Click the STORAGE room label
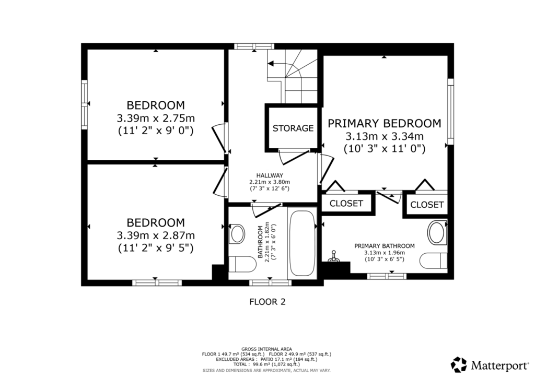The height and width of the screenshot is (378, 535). tap(293, 128)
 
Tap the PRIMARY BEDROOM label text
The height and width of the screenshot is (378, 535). tap(384, 123)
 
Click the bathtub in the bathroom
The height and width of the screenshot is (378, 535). tap(302, 243)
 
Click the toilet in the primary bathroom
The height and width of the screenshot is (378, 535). tap(433, 261)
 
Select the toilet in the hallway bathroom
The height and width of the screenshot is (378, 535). tap(242, 264)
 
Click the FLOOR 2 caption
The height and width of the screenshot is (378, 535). tap(267, 302)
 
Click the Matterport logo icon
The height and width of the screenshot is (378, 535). tap(459, 365)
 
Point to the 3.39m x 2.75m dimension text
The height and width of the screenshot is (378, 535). tap(156, 119)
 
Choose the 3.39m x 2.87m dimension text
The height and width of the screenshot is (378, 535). tap(156, 235)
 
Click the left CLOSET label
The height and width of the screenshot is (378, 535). tap(346, 204)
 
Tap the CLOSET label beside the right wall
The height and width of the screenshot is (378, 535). tap(427, 205)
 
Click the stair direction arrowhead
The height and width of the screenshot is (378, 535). tap(271, 64)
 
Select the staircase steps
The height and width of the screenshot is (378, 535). tap(293, 76)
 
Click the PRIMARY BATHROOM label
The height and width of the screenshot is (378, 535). tap(385, 246)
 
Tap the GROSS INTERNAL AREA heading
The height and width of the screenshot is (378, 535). tap(266, 349)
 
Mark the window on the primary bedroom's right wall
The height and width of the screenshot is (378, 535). tap(451, 111)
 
